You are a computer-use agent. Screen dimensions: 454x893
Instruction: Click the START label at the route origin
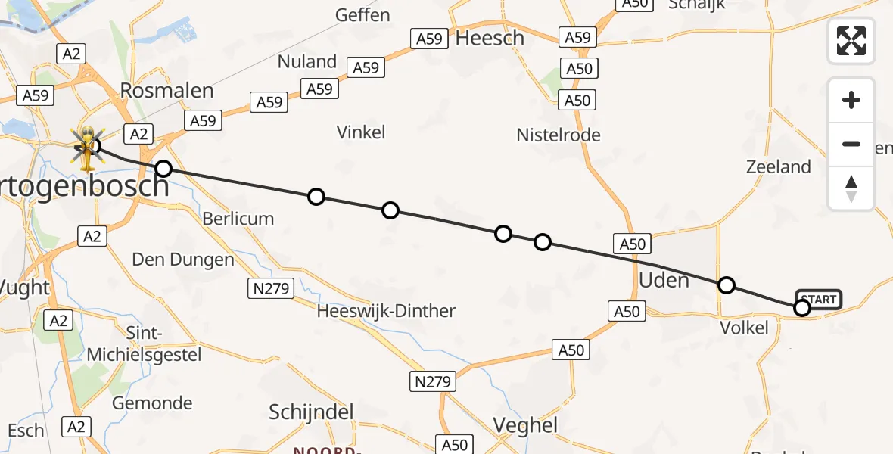tap(818, 300)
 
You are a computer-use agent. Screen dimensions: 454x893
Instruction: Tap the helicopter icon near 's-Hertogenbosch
tap(87, 148)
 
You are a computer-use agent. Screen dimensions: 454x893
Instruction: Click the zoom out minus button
tap(851, 144)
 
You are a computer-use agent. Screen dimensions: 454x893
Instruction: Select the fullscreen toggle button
tap(851, 40)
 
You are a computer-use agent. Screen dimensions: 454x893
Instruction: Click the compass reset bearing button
tap(851, 188)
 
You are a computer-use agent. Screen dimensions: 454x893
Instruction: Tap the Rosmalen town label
tap(167, 91)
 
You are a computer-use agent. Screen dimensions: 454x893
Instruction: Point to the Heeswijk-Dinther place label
tap(386, 311)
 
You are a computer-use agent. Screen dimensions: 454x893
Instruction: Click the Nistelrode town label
tap(559, 135)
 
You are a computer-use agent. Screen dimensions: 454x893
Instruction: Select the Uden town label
tap(664, 281)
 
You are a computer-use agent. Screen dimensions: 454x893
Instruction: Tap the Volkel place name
tap(744, 328)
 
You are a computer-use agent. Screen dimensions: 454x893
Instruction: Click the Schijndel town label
tap(312, 412)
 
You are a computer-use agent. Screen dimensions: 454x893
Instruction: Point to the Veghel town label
tap(525, 425)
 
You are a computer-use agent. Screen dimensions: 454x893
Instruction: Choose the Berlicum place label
tap(238, 219)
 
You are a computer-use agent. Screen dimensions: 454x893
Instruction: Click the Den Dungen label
tap(183, 260)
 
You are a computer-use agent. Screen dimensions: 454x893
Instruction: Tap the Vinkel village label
tap(361, 132)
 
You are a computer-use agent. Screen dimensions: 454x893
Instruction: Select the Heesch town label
tap(490, 38)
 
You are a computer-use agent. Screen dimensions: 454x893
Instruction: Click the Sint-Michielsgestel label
tap(144, 344)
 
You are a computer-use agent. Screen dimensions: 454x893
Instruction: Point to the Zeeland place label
tap(778, 167)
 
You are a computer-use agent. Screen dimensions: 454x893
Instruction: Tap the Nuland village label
tap(307, 61)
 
